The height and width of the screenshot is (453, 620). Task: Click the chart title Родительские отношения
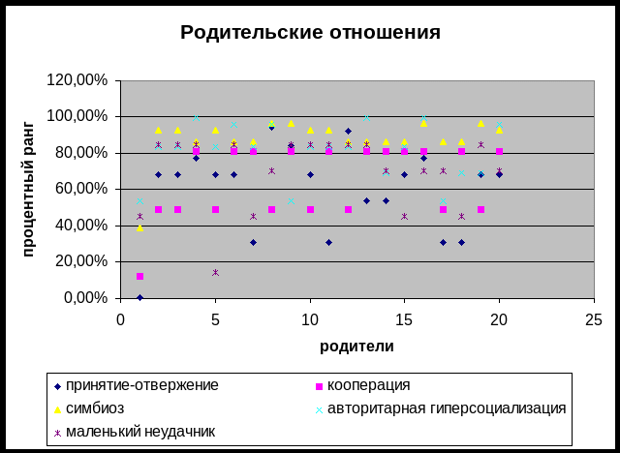310,33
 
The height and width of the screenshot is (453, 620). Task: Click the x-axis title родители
356,346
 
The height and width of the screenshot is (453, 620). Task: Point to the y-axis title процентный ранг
29,189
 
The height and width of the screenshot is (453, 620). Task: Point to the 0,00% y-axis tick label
88,298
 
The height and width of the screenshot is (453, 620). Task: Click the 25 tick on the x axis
594,318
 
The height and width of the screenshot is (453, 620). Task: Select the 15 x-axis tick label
404,318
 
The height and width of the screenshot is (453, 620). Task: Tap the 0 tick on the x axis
121,318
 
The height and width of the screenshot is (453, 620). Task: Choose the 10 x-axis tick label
310,318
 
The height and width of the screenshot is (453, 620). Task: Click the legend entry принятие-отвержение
146,385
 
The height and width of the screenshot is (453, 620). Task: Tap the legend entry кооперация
369,385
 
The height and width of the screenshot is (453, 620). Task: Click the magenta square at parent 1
139,277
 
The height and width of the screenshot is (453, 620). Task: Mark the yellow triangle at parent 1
139,227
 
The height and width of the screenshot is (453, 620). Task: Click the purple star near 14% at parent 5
215,272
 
